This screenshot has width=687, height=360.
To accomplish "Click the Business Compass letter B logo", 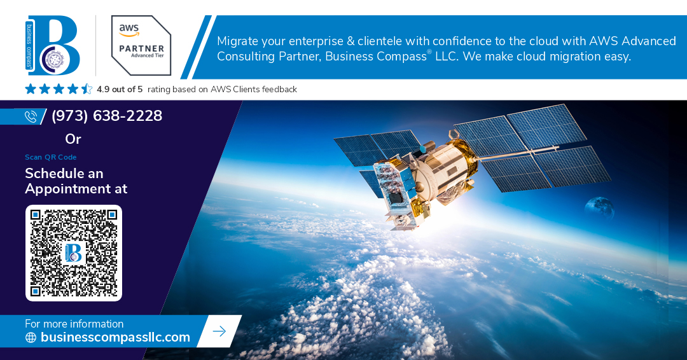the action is click(53, 46).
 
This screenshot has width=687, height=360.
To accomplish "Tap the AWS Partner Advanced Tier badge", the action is click(141, 46).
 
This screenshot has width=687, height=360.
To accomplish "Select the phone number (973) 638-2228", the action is click(107, 116).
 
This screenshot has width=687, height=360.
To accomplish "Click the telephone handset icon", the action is click(31, 116).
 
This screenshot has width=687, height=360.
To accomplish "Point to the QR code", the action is click(74, 253).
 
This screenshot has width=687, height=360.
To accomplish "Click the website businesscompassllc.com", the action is click(115, 337).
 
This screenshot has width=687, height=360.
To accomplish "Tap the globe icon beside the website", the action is click(31, 337).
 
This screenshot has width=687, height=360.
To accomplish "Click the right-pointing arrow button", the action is click(219, 331).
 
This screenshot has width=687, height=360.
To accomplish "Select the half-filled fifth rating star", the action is click(87, 89).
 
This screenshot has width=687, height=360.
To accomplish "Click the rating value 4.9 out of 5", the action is click(120, 89).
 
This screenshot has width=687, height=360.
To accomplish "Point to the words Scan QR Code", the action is click(51, 157).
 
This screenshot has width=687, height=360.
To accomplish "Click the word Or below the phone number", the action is click(73, 139).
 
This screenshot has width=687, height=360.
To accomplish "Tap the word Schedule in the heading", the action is click(50, 174).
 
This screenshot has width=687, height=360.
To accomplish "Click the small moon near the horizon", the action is click(599, 208).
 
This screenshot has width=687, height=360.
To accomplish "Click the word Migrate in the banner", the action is click(237, 41).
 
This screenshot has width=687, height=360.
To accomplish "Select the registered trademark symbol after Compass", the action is click(429, 52).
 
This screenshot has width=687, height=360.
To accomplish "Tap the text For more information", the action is click(74, 324).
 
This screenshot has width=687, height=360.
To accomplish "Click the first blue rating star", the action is click(31, 89).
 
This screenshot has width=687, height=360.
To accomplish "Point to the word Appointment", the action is click(68, 189).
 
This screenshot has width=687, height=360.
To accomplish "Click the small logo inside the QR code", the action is click(73, 253).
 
